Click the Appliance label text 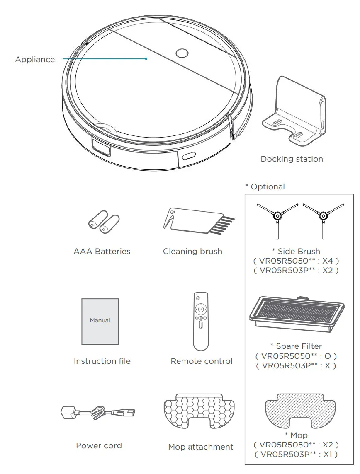coord(35,60)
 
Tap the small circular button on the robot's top coord(182,53)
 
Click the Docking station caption coord(292,159)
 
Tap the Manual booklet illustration coord(100,321)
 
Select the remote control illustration coord(201,321)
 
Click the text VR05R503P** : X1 coord(296,455)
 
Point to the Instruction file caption coord(102,361)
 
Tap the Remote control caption coord(201,361)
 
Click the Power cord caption coord(99,446)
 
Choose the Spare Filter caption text coord(296,346)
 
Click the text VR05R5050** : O coord(296,356)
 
